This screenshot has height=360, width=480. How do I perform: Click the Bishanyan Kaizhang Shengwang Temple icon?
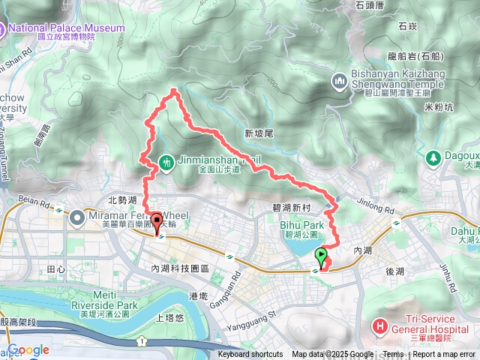pyautogui.click(x=340, y=79)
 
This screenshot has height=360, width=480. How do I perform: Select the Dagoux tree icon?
pyautogui.click(x=433, y=158)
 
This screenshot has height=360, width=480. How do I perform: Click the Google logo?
pyautogui.click(x=28, y=349)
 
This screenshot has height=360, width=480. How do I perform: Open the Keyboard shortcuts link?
pyautogui.click(x=250, y=355)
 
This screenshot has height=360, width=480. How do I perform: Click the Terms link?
pyautogui.click(x=393, y=355)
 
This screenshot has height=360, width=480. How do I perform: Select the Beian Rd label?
pyautogui.click(x=30, y=202)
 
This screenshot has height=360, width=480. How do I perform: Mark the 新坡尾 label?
pyautogui.click(x=257, y=133)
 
